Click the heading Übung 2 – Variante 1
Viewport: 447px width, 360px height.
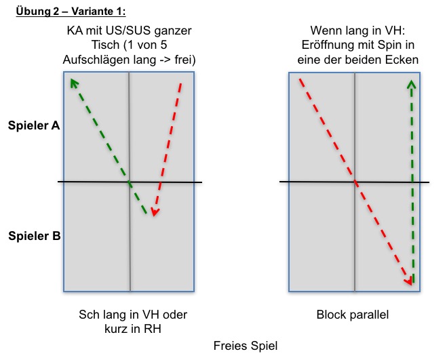pyautogui.click(x=71, y=12)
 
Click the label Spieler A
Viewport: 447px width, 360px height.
pyautogui.click(x=34, y=125)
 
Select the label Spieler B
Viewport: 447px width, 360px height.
pyautogui.click(x=34, y=236)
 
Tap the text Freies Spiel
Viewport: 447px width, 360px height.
pyautogui.click(x=246, y=346)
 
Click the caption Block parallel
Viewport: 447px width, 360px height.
pyautogui.click(x=353, y=315)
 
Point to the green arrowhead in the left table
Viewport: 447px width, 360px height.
pyautogui.click(x=74, y=83)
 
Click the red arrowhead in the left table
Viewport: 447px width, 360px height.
pyautogui.click(x=155, y=212)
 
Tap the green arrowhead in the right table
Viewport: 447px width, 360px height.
pyautogui.click(x=411, y=84)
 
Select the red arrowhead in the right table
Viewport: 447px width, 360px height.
pyautogui.click(x=409, y=281)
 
